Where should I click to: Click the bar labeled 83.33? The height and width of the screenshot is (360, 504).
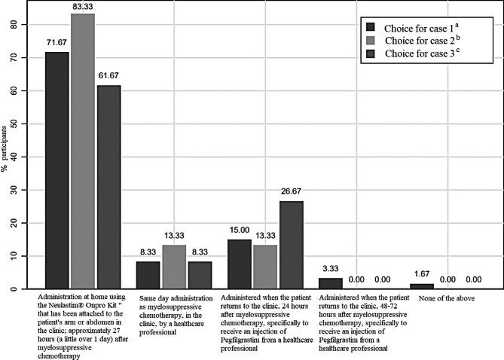point(82,151)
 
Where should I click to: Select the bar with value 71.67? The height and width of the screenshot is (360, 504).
point(57,170)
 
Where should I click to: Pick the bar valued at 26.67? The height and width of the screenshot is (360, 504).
point(291,245)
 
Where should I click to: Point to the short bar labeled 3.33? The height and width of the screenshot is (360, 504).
point(330,284)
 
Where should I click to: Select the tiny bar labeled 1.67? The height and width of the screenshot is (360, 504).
point(421,287)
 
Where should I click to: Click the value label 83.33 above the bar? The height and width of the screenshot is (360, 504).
point(83,7)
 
